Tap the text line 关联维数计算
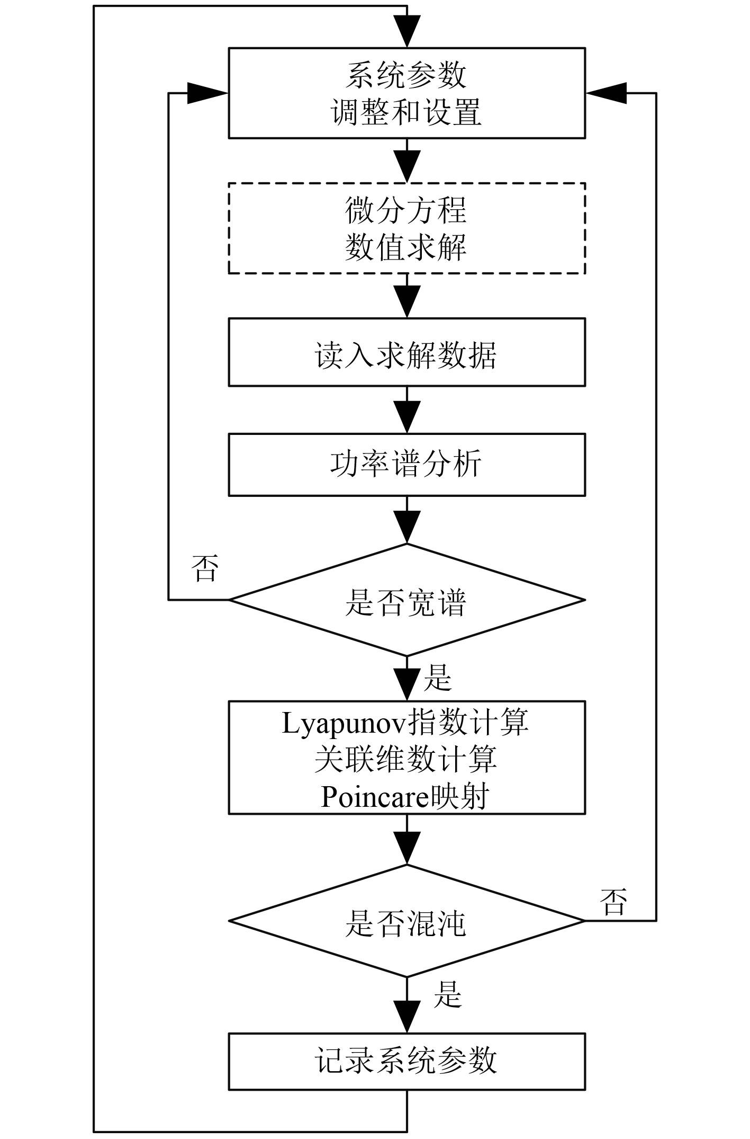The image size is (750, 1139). click(406, 759)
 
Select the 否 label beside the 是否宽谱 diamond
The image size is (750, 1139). click(205, 568)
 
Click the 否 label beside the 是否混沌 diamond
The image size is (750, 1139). click(614, 902)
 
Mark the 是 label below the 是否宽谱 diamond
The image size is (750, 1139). click(438, 678)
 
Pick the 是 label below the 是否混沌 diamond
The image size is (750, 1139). click(448, 994)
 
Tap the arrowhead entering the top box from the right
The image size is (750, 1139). click(607, 93)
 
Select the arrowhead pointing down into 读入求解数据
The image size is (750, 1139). click(407, 302)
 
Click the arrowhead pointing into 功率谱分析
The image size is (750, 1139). click(407, 417)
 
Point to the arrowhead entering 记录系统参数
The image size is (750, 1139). click(407, 1016)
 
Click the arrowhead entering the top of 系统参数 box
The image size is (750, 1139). click(407, 32)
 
